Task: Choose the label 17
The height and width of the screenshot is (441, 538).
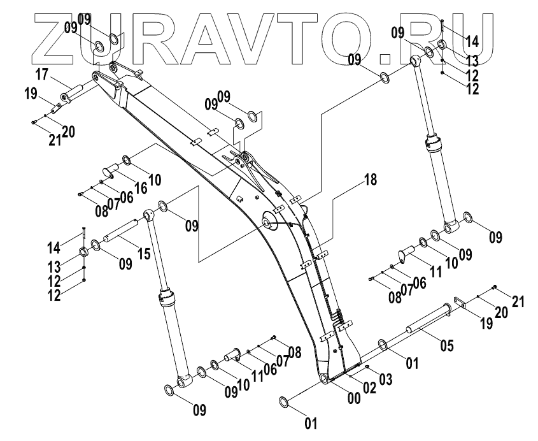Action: [42, 75]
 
